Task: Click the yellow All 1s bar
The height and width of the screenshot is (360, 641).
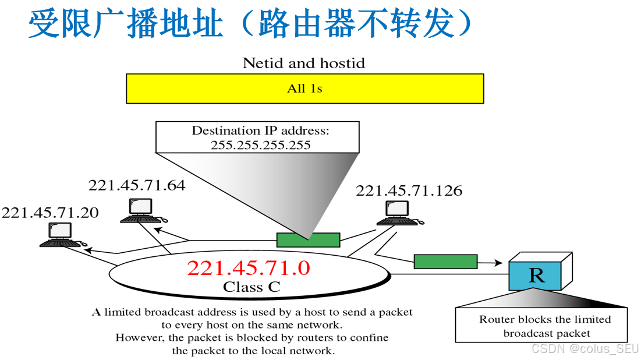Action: pyautogui.click(x=304, y=89)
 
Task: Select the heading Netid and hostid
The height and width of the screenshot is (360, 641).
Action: pyautogui.click(x=303, y=63)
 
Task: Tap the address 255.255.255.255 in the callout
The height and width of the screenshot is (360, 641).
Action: pyautogui.click(x=260, y=144)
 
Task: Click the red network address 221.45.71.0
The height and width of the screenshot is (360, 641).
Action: pyautogui.click(x=248, y=268)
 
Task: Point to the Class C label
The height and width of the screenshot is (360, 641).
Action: pyautogui.click(x=252, y=287)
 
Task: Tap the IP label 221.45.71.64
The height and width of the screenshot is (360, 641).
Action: pyautogui.click(x=137, y=185)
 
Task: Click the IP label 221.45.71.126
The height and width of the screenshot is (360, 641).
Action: pyautogui.click(x=409, y=190)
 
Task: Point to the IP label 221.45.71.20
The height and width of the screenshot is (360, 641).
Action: pyautogui.click(x=50, y=213)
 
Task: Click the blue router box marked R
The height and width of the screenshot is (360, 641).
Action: pyautogui.click(x=536, y=276)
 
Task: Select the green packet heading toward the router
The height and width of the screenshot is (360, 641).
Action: pyautogui.click(x=445, y=262)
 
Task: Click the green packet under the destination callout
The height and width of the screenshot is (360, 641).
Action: pyautogui.click(x=307, y=239)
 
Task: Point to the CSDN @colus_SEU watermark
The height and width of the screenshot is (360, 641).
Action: pyautogui.click(x=585, y=348)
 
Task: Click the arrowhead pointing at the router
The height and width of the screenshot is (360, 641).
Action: pyautogui.click(x=499, y=263)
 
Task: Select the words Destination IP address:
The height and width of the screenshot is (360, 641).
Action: pyautogui.click(x=260, y=130)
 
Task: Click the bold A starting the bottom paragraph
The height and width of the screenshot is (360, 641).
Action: pyautogui.click(x=96, y=312)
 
